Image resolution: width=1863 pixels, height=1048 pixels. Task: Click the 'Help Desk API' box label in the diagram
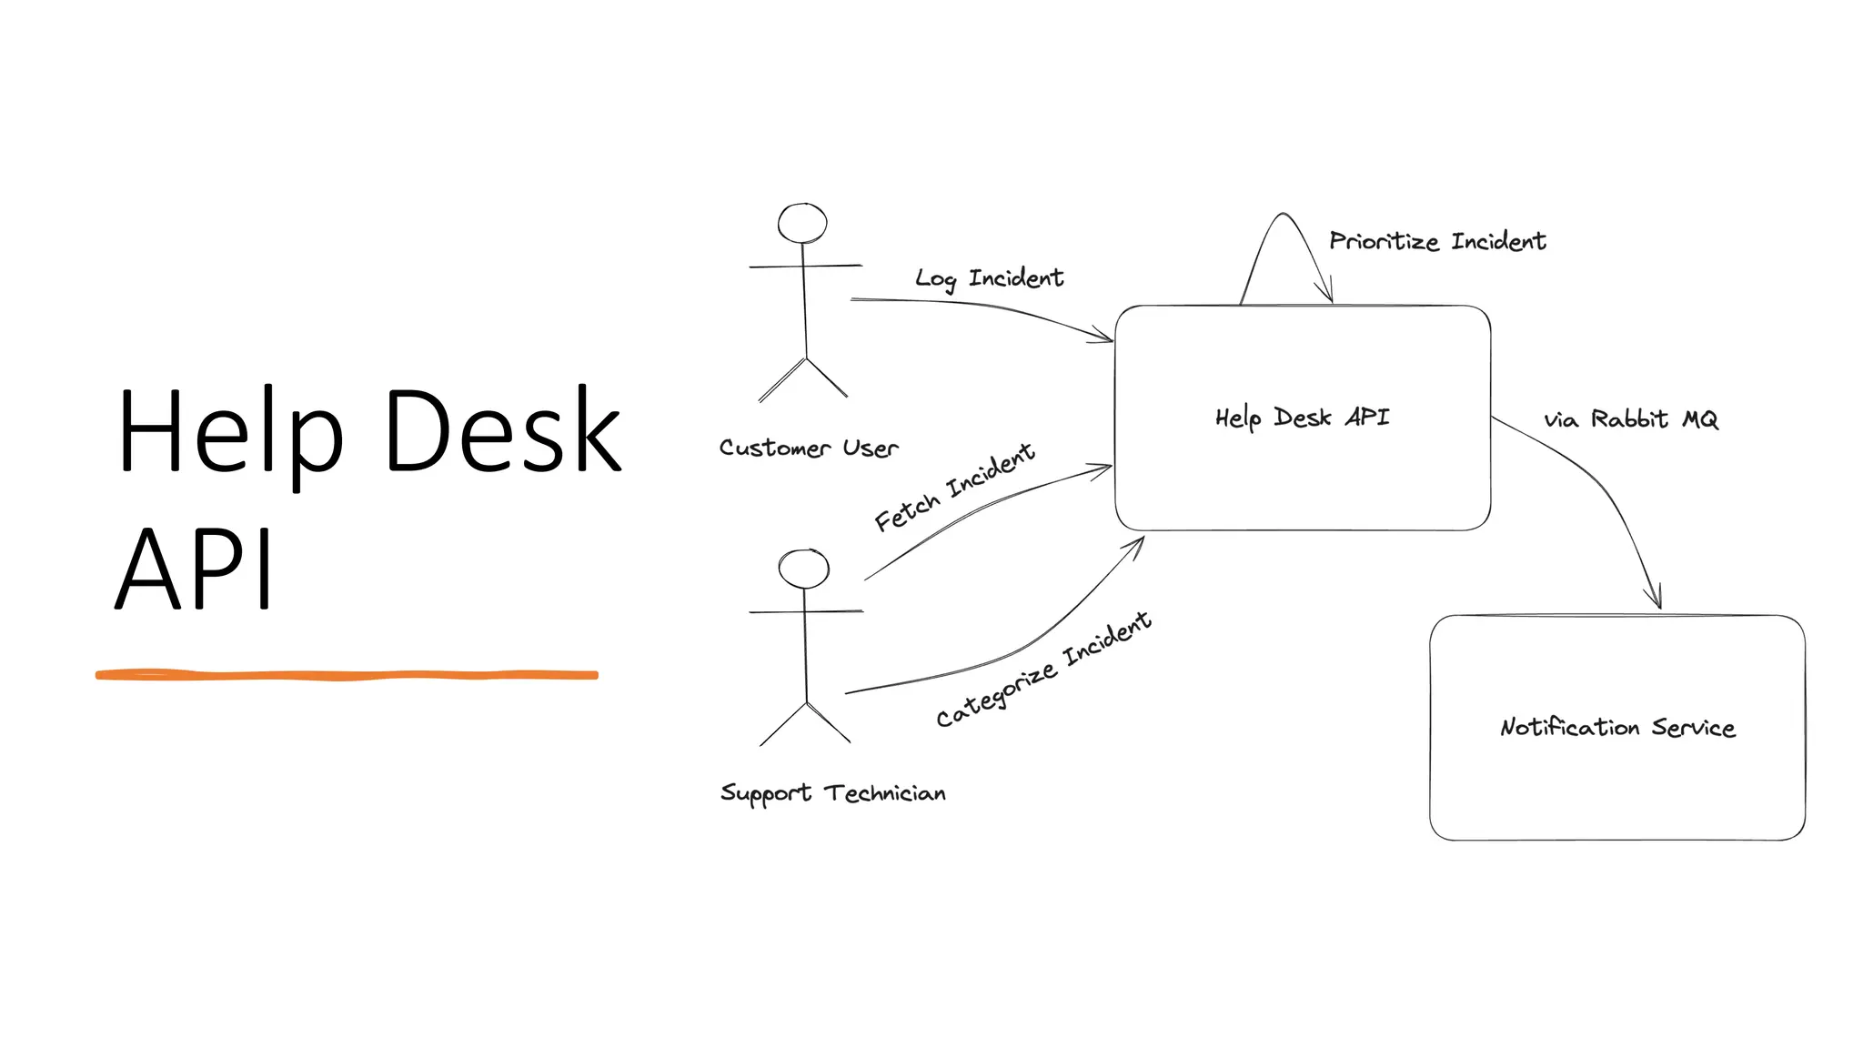(x=1302, y=418)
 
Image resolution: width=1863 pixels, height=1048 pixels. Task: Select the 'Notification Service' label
(x=1617, y=727)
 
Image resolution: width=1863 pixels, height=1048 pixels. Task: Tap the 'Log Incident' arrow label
(x=989, y=277)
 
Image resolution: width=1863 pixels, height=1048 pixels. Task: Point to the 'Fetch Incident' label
(x=953, y=487)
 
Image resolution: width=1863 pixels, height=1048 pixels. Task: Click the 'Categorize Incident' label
(x=1043, y=670)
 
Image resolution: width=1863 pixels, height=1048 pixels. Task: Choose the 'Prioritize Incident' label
(x=1437, y=241)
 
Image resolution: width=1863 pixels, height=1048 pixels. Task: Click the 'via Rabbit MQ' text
(x=1630, y=419)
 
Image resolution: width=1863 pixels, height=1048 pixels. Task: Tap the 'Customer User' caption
(x=808, y=448)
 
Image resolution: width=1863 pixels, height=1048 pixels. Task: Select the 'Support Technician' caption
(x=832, y=793)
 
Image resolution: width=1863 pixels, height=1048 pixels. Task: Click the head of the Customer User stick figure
(x=802, y=223)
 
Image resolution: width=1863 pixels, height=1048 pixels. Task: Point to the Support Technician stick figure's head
(x=804, y=569)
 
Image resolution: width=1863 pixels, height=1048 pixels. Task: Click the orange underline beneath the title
(x=347, y=675)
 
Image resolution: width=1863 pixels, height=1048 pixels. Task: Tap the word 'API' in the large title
(x=194, y=569)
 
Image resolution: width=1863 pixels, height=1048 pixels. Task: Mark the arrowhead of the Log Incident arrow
(x=1104, y=338)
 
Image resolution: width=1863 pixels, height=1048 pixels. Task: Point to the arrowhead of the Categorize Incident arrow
(x=1136, y=543)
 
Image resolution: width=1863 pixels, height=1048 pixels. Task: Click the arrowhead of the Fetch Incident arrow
(x=1103, y=469)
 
